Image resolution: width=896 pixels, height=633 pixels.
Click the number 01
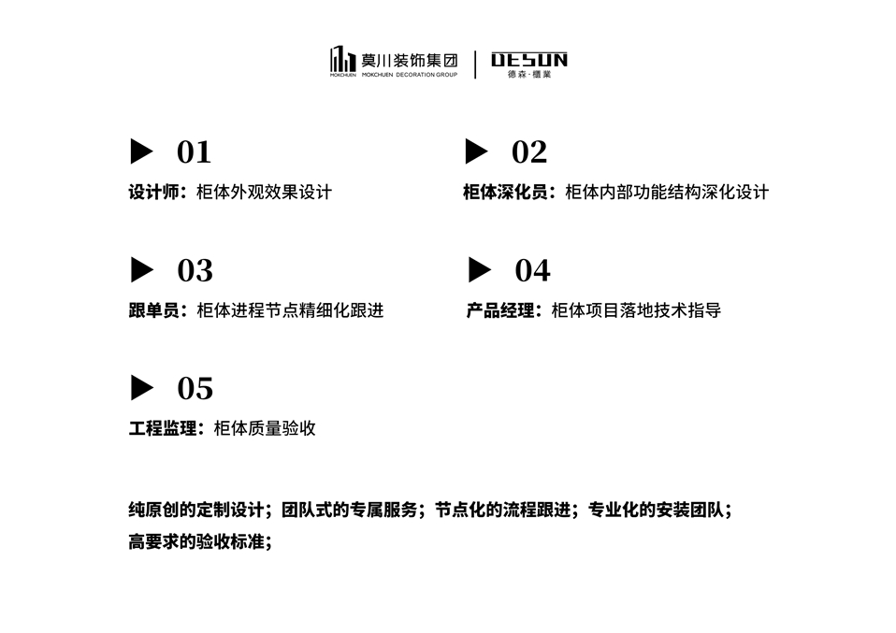(x=194, y=151)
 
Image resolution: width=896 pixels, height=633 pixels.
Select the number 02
(x=529, y=151)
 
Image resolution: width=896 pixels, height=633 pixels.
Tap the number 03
(x=195, y=270)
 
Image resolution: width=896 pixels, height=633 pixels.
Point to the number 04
(x=532, y=270)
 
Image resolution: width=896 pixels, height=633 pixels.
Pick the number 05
(x=195, y=388)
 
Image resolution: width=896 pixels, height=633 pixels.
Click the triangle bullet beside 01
(x=141, y=151)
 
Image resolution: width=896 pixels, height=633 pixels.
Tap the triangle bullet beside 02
(x=477, y=151)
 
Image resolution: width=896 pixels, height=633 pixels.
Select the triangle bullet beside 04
(x=479, y=270)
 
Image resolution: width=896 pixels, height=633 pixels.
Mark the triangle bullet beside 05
(x=141, y=388)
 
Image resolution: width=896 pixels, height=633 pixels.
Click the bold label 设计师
(x=153, y=193)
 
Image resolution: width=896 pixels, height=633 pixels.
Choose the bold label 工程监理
(x=162, y=429)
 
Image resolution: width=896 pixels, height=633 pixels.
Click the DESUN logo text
(x=529, y=61)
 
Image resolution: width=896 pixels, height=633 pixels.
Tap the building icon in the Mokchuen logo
(x=342, y=59)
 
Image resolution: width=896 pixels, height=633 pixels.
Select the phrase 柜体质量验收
(x=265, y=429)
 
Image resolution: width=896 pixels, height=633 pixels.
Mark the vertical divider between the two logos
(x=475, y=64)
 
